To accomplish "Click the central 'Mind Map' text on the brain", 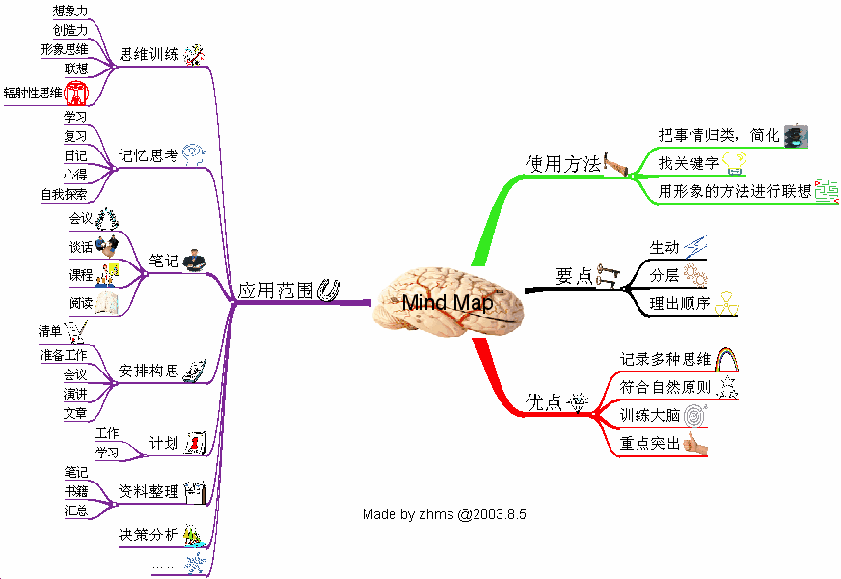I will pos(447,303).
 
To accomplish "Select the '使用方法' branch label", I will pos(563,164).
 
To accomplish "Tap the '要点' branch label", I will pos(575,276).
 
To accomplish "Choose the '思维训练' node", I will pos(149,54).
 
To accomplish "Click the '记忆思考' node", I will pos(149,154).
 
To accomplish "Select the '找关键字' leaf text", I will pos(688,163).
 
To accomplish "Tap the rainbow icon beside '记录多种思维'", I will pos(726,360).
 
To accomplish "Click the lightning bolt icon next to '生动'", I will pos(695,247).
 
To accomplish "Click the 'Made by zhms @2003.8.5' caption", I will pos(444,513).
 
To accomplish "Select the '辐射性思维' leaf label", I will pos(33,94).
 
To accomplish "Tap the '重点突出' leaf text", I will pos(650,444).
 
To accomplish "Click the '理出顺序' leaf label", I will pos(680,303).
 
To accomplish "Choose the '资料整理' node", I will pos(149,492).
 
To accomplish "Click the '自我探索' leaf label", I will pos(64,194).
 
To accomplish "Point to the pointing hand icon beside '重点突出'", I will pos(695,444).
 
